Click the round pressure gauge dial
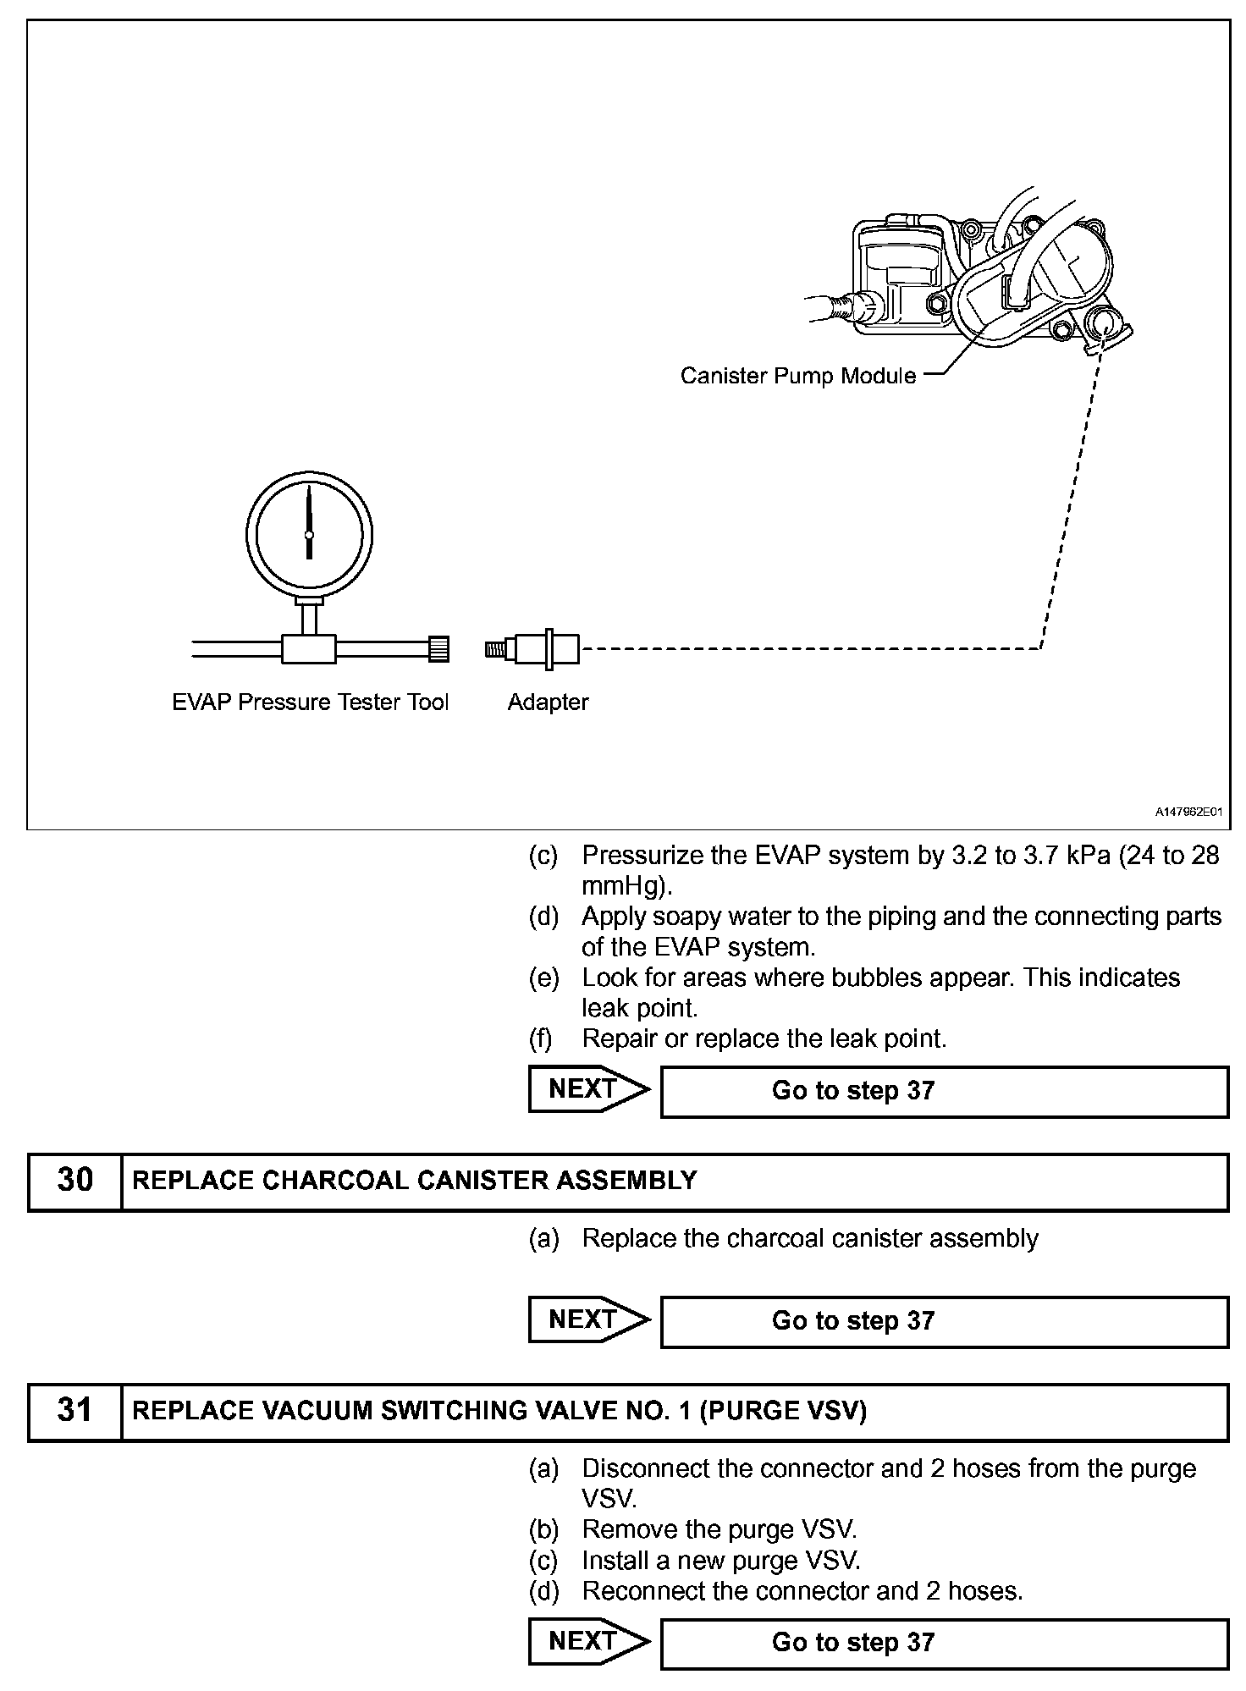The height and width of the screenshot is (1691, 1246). [309, 534]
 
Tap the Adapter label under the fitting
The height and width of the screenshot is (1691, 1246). [548, 702]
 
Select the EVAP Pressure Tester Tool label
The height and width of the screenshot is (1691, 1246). [310, 702]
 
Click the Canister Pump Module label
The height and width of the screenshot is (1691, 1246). [797, 376]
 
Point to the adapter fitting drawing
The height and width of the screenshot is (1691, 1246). [533, 649]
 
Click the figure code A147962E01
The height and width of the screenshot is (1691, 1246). [1188, 812]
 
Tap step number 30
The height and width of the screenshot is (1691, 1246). [74, 1180]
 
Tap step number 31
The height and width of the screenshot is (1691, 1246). [74, 1410]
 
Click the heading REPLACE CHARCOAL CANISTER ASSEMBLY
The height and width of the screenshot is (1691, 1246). [415, 1180]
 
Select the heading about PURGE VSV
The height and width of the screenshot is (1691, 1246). [499, 1410]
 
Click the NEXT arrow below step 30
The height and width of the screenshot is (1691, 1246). [587, 1319]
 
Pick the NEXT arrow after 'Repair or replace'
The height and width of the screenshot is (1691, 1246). [587, 1088]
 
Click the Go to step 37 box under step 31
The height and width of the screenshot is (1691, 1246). [943, 1643]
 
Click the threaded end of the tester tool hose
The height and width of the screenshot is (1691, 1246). [438, 649]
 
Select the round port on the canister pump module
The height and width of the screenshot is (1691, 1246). [1105, 326]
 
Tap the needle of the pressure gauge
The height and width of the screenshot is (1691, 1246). [309, 521]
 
